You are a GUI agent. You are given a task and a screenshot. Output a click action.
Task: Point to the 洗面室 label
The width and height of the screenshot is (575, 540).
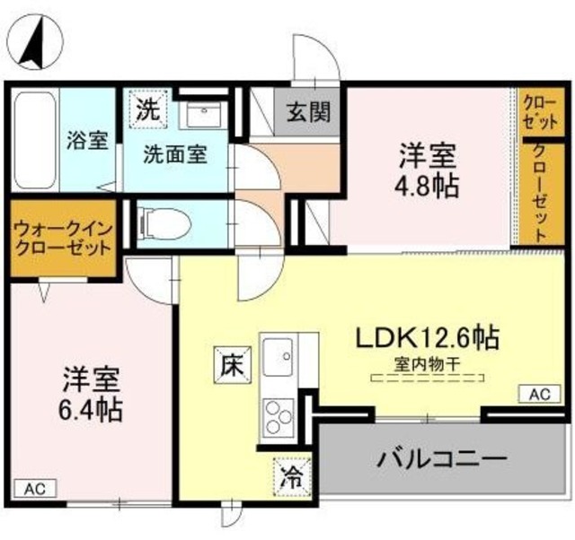point(176,153)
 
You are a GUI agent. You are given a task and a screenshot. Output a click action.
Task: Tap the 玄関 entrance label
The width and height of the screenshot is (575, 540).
point(308,113)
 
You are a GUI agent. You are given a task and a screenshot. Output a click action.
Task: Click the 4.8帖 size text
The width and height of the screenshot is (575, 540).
point(429,187)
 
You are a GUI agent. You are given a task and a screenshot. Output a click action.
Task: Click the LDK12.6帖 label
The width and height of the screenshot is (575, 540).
point(427,337)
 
